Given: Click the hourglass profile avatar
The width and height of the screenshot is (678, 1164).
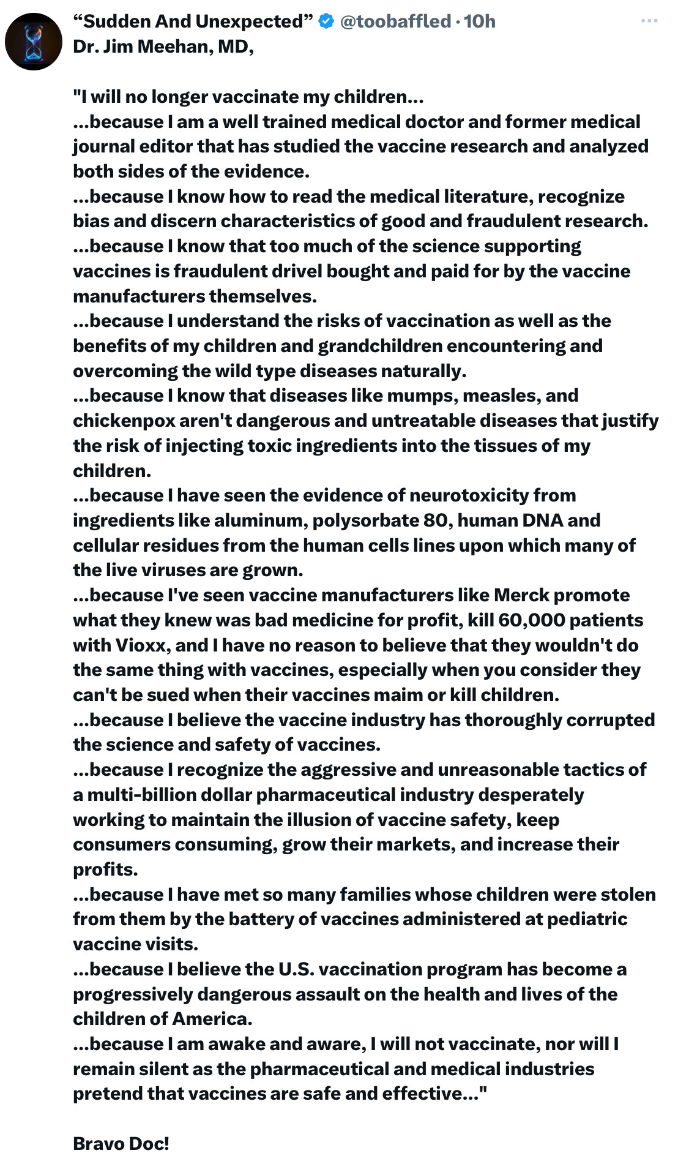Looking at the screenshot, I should [x=34, y=42].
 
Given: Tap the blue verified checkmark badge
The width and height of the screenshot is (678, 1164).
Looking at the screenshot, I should [x=327, y=21].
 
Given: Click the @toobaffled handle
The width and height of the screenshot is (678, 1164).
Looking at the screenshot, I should [x=395, y=21].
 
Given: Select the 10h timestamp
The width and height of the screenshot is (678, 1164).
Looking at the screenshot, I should [x=480, y=21].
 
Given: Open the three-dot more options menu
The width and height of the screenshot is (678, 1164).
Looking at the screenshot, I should [x=649, y=21].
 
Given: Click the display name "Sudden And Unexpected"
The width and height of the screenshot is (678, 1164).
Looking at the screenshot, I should [x=193, y=21].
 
